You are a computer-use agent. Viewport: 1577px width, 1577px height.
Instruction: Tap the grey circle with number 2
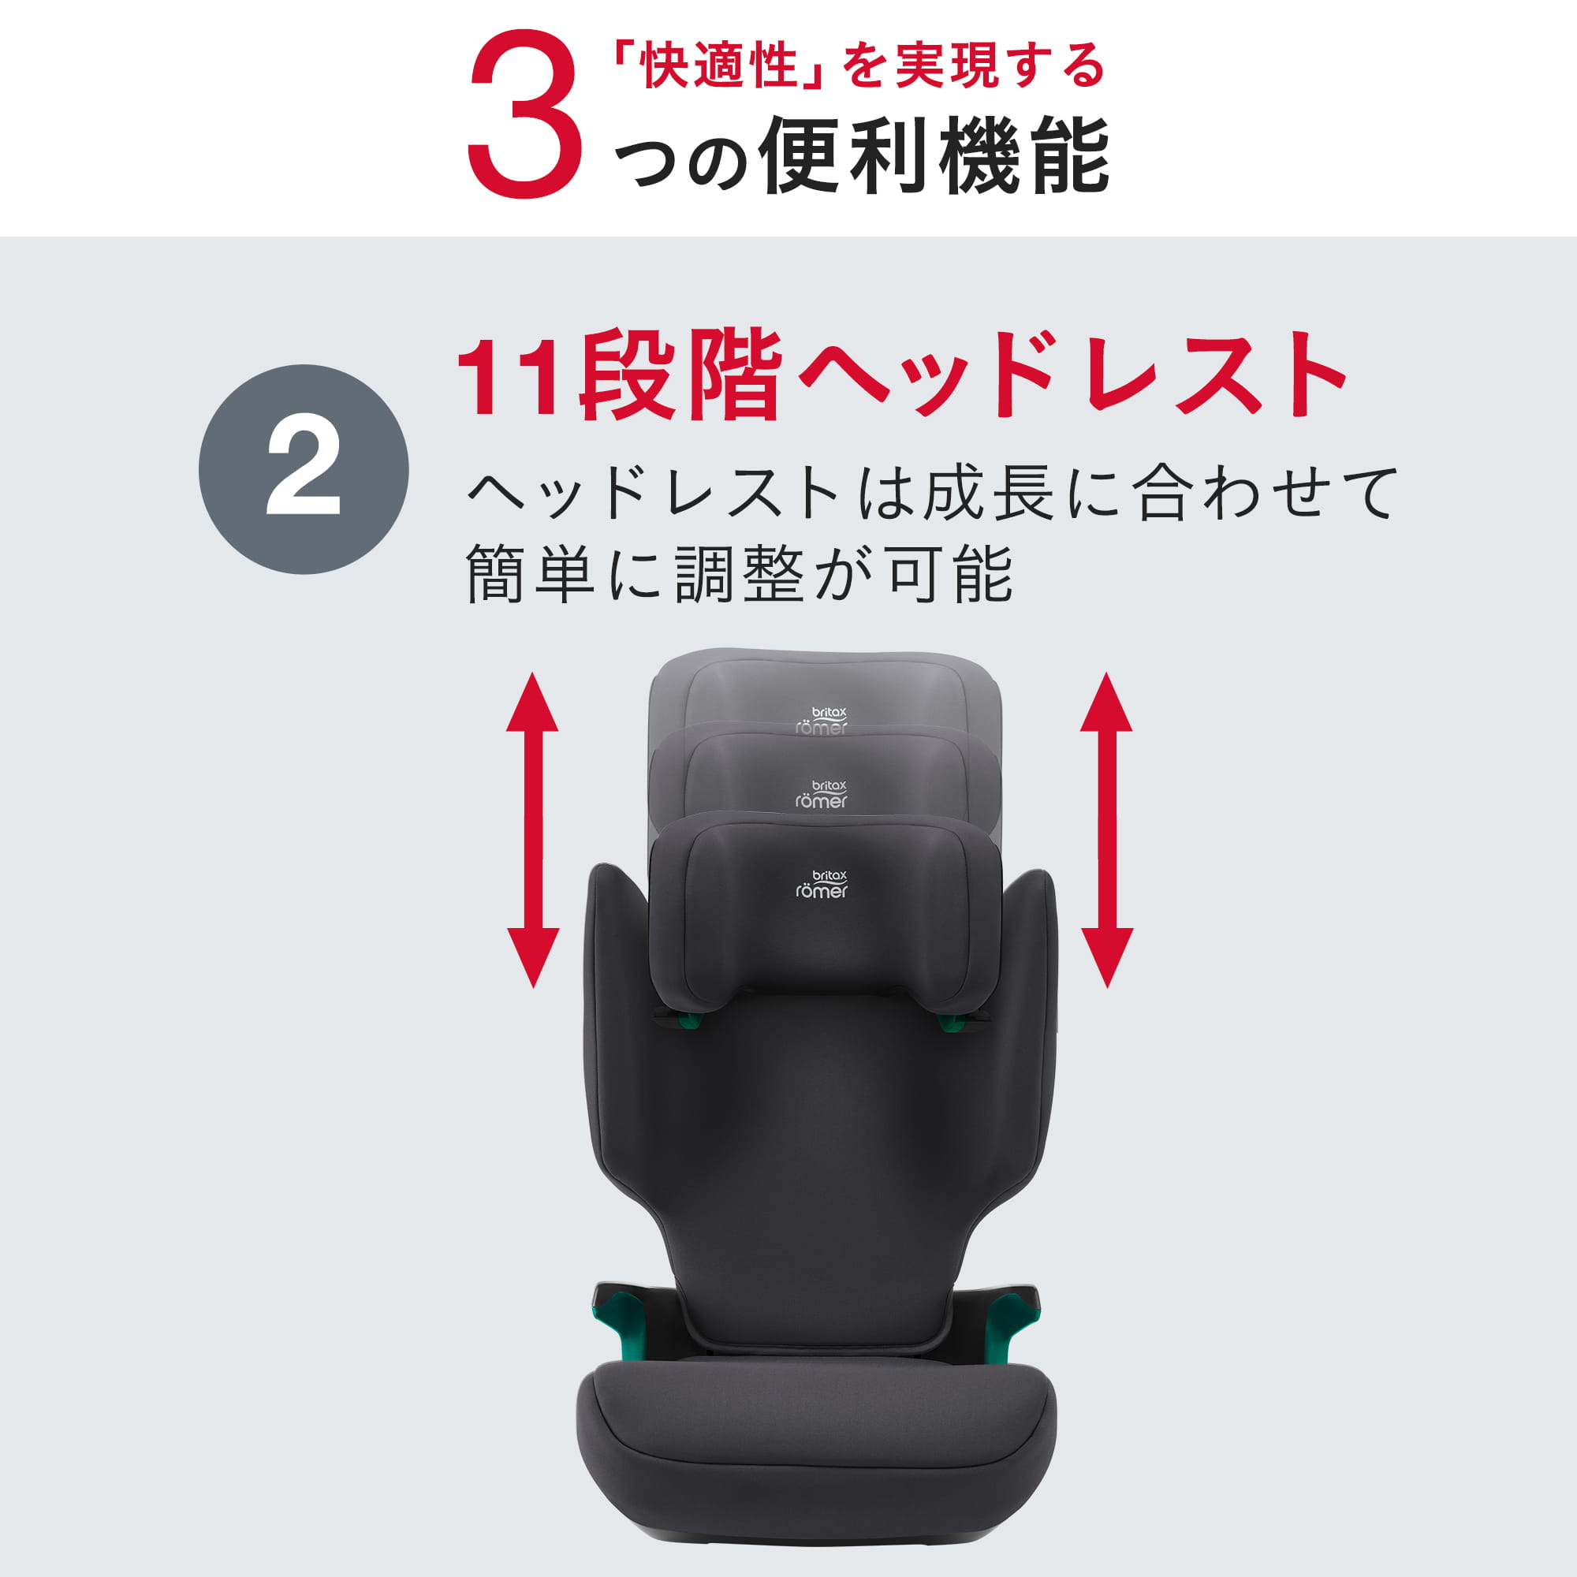(x=304, y=469)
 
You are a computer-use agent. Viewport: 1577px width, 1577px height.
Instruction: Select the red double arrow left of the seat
(x=533, y=831)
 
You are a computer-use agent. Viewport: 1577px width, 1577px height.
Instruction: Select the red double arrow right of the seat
(x=1106, y=831)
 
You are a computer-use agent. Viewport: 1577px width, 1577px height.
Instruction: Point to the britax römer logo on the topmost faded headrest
(x=822, y=721)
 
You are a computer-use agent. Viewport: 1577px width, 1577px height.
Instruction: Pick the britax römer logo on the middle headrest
(x=822, y=794)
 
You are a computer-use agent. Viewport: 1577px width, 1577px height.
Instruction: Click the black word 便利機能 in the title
(x=934, y=155)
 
